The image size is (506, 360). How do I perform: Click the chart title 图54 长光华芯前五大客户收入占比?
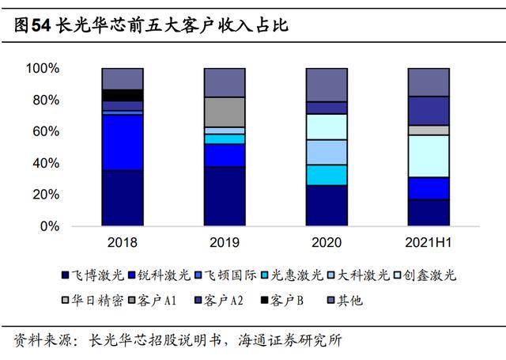[x=150, y=26]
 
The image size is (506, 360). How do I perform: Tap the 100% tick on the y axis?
[x=43, y=69]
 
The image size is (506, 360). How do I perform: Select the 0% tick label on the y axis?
[x=49, y=226]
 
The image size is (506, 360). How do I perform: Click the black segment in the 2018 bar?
[x=122, y=95]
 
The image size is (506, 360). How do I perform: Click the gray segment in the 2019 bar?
[x=225, y=112]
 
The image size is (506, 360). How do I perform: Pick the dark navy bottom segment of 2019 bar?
[x=225, y=196]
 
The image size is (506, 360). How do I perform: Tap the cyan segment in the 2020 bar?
[x=327, y=174]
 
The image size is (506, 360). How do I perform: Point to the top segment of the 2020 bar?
[x=327, y=85]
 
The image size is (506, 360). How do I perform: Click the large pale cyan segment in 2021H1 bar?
[x=429, y=156]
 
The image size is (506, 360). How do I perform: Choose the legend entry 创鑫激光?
[x=429, y=275]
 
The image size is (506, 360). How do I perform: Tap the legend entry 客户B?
[x=292, y=301]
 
